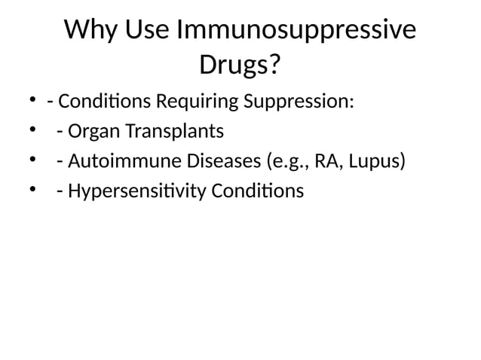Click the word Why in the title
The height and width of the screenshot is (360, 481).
[90, 30]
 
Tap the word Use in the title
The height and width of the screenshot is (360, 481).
[146, 30]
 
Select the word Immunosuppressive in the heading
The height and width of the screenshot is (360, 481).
[296, 30]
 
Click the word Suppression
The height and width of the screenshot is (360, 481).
[298, 101]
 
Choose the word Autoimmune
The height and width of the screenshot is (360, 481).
[121, 161]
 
